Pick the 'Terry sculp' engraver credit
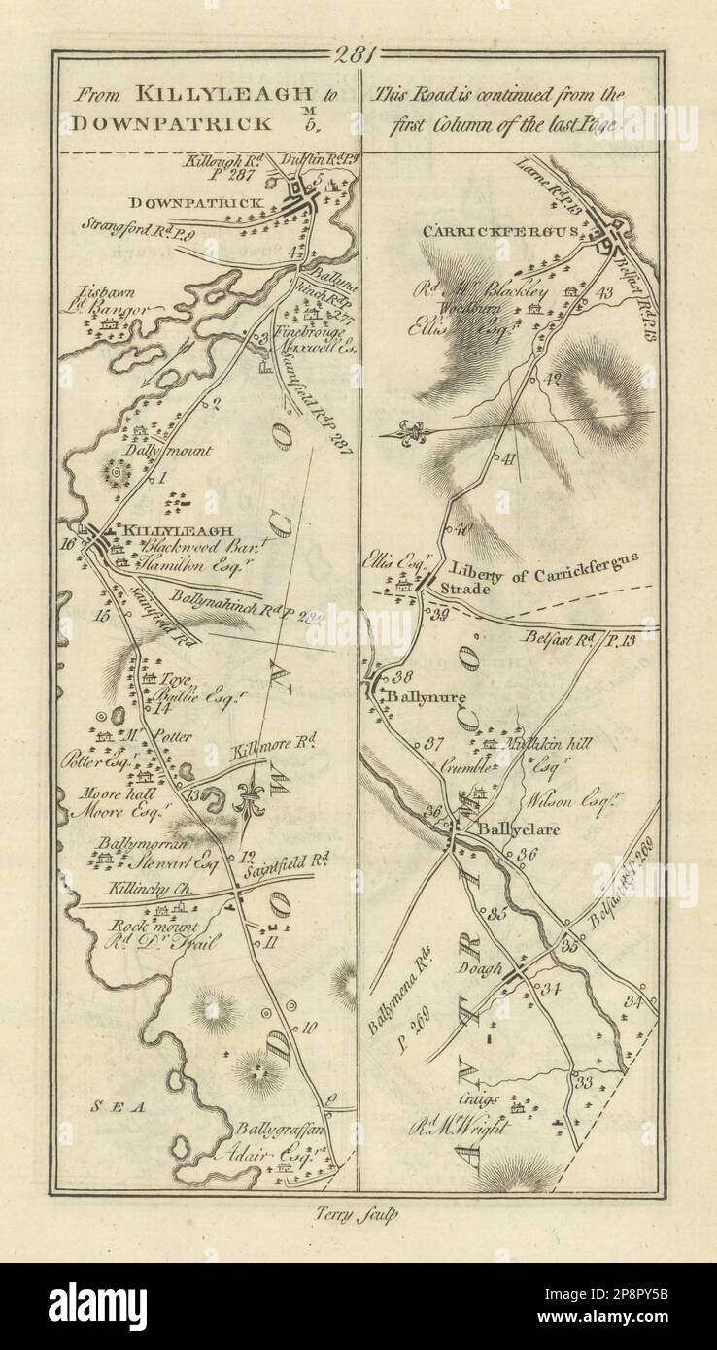click(x=358, y=1211)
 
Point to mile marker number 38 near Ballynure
click(x=404, y=677)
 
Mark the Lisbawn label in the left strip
click(x=99, y=291)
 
